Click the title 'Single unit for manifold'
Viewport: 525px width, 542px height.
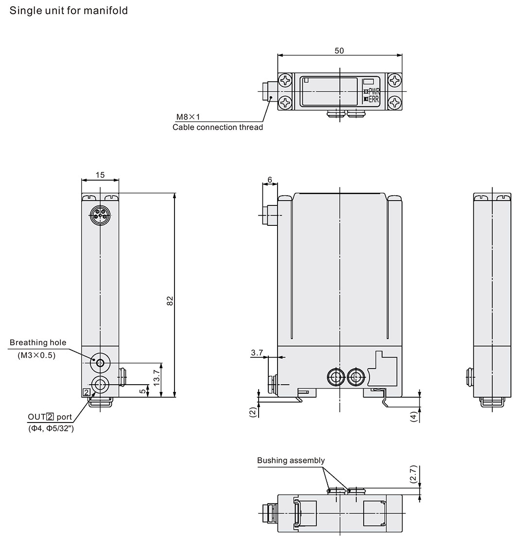(x=69, y=10)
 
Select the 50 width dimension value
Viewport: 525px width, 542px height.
(x=339, y=51)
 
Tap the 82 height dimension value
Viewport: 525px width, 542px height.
(x=170, y=301)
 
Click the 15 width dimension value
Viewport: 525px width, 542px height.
(x=100, y=175)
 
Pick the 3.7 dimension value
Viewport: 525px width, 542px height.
(x=257, y=353)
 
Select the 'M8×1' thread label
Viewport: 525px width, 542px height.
(x=188, y=117)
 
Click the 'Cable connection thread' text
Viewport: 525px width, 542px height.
(x=217, y=127)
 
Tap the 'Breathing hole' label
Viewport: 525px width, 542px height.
(x=38, y=343)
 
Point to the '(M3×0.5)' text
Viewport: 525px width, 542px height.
(x=37, y=356)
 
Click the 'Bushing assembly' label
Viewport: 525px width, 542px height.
(x=291, y=460)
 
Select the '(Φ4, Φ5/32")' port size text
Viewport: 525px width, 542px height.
(x=51, y=428)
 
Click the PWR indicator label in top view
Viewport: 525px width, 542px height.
(x=373, y=91)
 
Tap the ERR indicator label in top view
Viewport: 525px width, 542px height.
(x=373, y=100)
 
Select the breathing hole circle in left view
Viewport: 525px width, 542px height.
(x=101, y=363)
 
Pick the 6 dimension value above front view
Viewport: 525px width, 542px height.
(x=270, y=180)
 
